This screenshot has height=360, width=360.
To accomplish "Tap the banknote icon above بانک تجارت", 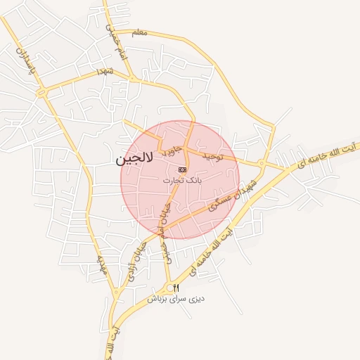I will click(183, 169).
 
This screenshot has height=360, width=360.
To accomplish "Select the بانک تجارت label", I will click(182, 181).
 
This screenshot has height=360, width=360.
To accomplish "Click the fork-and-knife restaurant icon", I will click(176, 288).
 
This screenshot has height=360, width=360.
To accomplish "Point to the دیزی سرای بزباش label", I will click(176, 299).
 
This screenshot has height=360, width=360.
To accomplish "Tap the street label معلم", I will click(140, 32).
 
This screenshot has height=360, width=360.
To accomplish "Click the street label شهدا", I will click(106, 72).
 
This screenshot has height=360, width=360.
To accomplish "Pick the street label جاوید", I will click(172, 149).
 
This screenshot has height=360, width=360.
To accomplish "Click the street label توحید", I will click(212, 155).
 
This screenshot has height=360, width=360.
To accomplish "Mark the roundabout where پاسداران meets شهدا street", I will click(41, 91).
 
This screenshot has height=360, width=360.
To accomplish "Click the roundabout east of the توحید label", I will click(261, 164).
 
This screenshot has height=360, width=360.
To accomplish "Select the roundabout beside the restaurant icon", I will click(169, 288).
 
